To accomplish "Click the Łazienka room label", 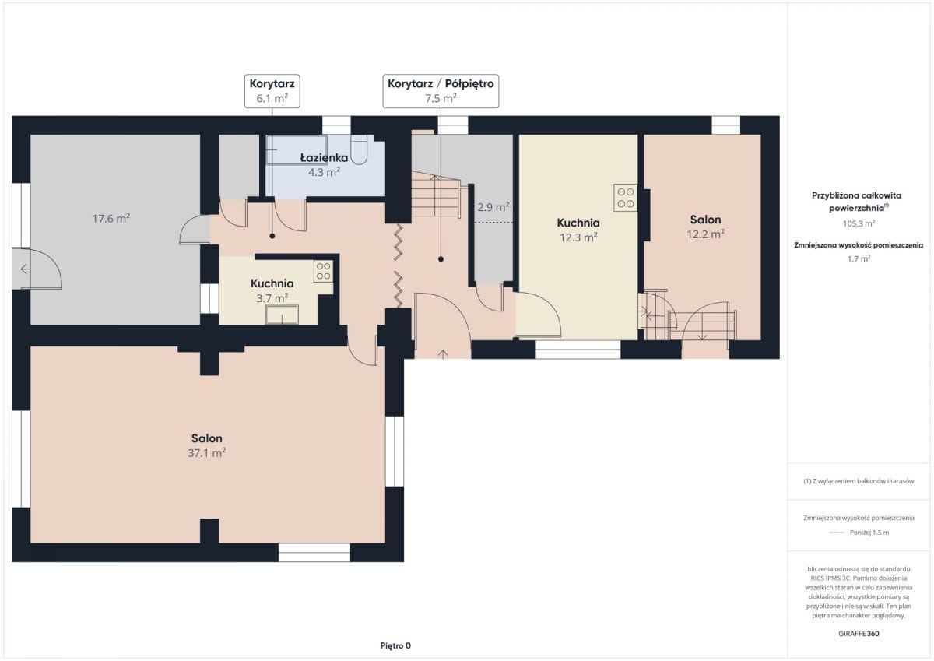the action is coord(324,157).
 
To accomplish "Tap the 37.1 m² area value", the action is coord(207,453).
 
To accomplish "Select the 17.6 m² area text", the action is coord(111,219).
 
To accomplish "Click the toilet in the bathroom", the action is coord(359,149).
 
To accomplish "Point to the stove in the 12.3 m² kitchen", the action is coord(626,198).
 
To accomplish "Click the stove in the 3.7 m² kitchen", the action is coord(323,271).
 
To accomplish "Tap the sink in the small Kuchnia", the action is coord(282,315).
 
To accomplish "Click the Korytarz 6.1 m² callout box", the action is coord(272,91).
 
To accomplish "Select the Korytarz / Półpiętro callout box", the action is coord(441,91).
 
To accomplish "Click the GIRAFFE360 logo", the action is coord(859,634).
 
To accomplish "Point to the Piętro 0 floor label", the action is coord(395,645).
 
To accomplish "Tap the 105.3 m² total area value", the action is coord(859,223).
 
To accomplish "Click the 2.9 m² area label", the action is coord(493,207).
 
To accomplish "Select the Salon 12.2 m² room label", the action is coord(705,227).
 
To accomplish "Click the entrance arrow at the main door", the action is coord(443,354).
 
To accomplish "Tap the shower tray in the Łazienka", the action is coord(297,149).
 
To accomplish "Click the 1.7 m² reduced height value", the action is coord(859,259).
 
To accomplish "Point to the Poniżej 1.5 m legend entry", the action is coord(859,533).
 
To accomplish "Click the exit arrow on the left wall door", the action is coord(26,269).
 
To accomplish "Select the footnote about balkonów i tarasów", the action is coord(859,481).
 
